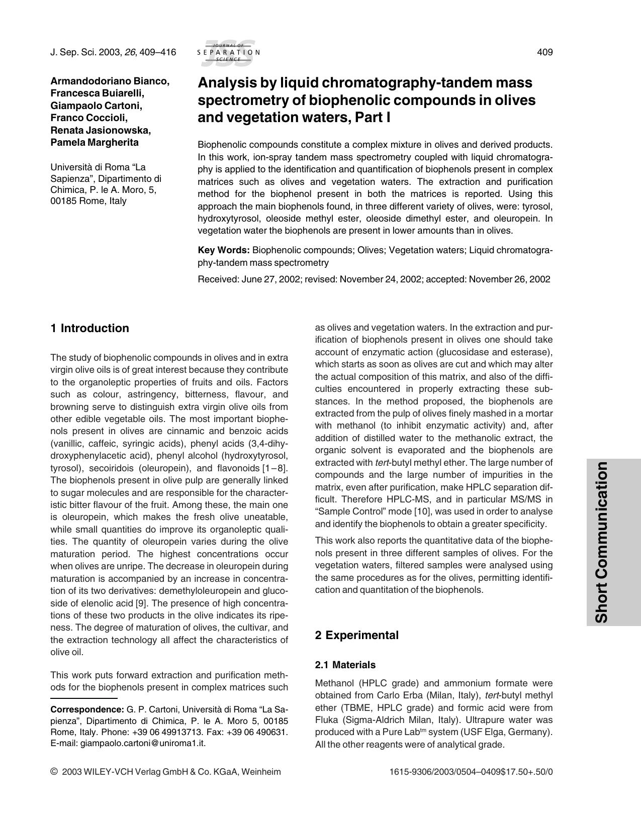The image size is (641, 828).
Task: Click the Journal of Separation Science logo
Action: pyautogui.click(x=228, y=52)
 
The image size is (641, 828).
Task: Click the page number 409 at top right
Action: pyautogui.click(x=545, y=52)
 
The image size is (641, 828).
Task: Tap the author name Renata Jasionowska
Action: pyautogui.click(x=101, y=130)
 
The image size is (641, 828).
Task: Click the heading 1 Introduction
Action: pyautogui.click(x=89, y=329)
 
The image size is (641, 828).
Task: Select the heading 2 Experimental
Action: pyautogui.click(x=356, y=635)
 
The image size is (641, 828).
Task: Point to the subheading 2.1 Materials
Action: pyautogui.click(x=345, y=665)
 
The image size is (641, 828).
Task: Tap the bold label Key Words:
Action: pyautogui.click(x=224, y=250)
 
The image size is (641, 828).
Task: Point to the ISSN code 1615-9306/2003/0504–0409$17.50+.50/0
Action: pyautogui.click(x=471, y=772)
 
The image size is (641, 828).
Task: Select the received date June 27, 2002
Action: pyautogui.click(x=270, y=279)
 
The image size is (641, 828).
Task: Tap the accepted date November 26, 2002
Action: pyautogui.click(x=509, y=279)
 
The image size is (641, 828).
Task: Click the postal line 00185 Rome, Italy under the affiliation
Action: pyautogui.click(x=88, y=201)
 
